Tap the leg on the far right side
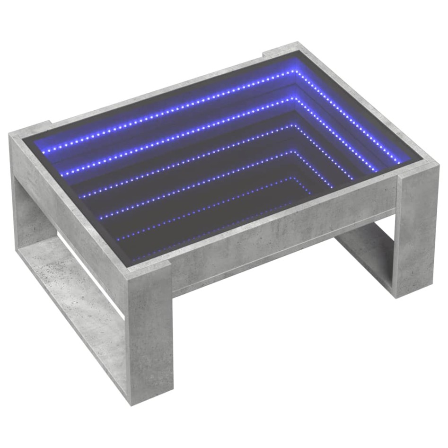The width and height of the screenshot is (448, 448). click(417, 232)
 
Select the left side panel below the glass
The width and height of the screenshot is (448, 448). click(66, 208)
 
